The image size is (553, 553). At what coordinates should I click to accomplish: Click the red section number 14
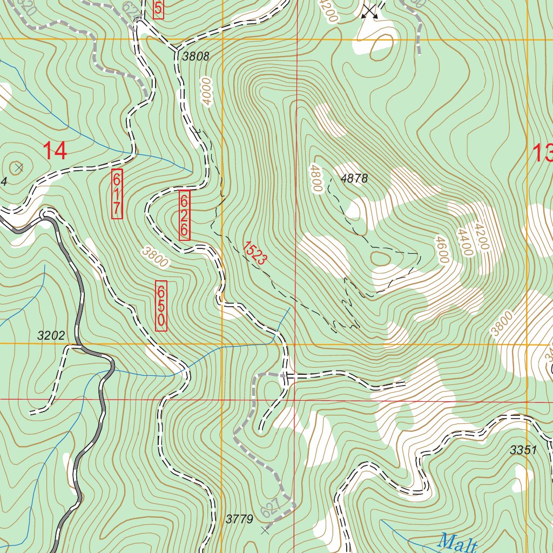pos(55,150)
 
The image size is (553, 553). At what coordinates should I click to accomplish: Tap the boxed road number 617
pos(117,194)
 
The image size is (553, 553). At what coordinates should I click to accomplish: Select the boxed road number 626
pos(184,215)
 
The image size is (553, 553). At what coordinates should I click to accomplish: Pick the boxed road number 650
pos(161,306)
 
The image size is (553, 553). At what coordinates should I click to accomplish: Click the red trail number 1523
pos(254,252)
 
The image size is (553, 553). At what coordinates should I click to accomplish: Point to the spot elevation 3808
pos(195,56)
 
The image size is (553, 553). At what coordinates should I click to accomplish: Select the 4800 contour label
pos(315,179)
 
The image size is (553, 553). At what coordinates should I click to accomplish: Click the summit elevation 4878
pos(354,179)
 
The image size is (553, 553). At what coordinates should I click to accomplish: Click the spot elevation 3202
pos(51,335)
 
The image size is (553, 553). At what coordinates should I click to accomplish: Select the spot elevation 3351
pos(523,450)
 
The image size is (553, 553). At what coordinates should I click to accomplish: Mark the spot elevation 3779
pos(239,520)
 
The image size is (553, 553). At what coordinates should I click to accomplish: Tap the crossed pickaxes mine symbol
pos(370,11)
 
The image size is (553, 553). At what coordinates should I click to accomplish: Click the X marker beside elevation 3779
pos(265,531)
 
